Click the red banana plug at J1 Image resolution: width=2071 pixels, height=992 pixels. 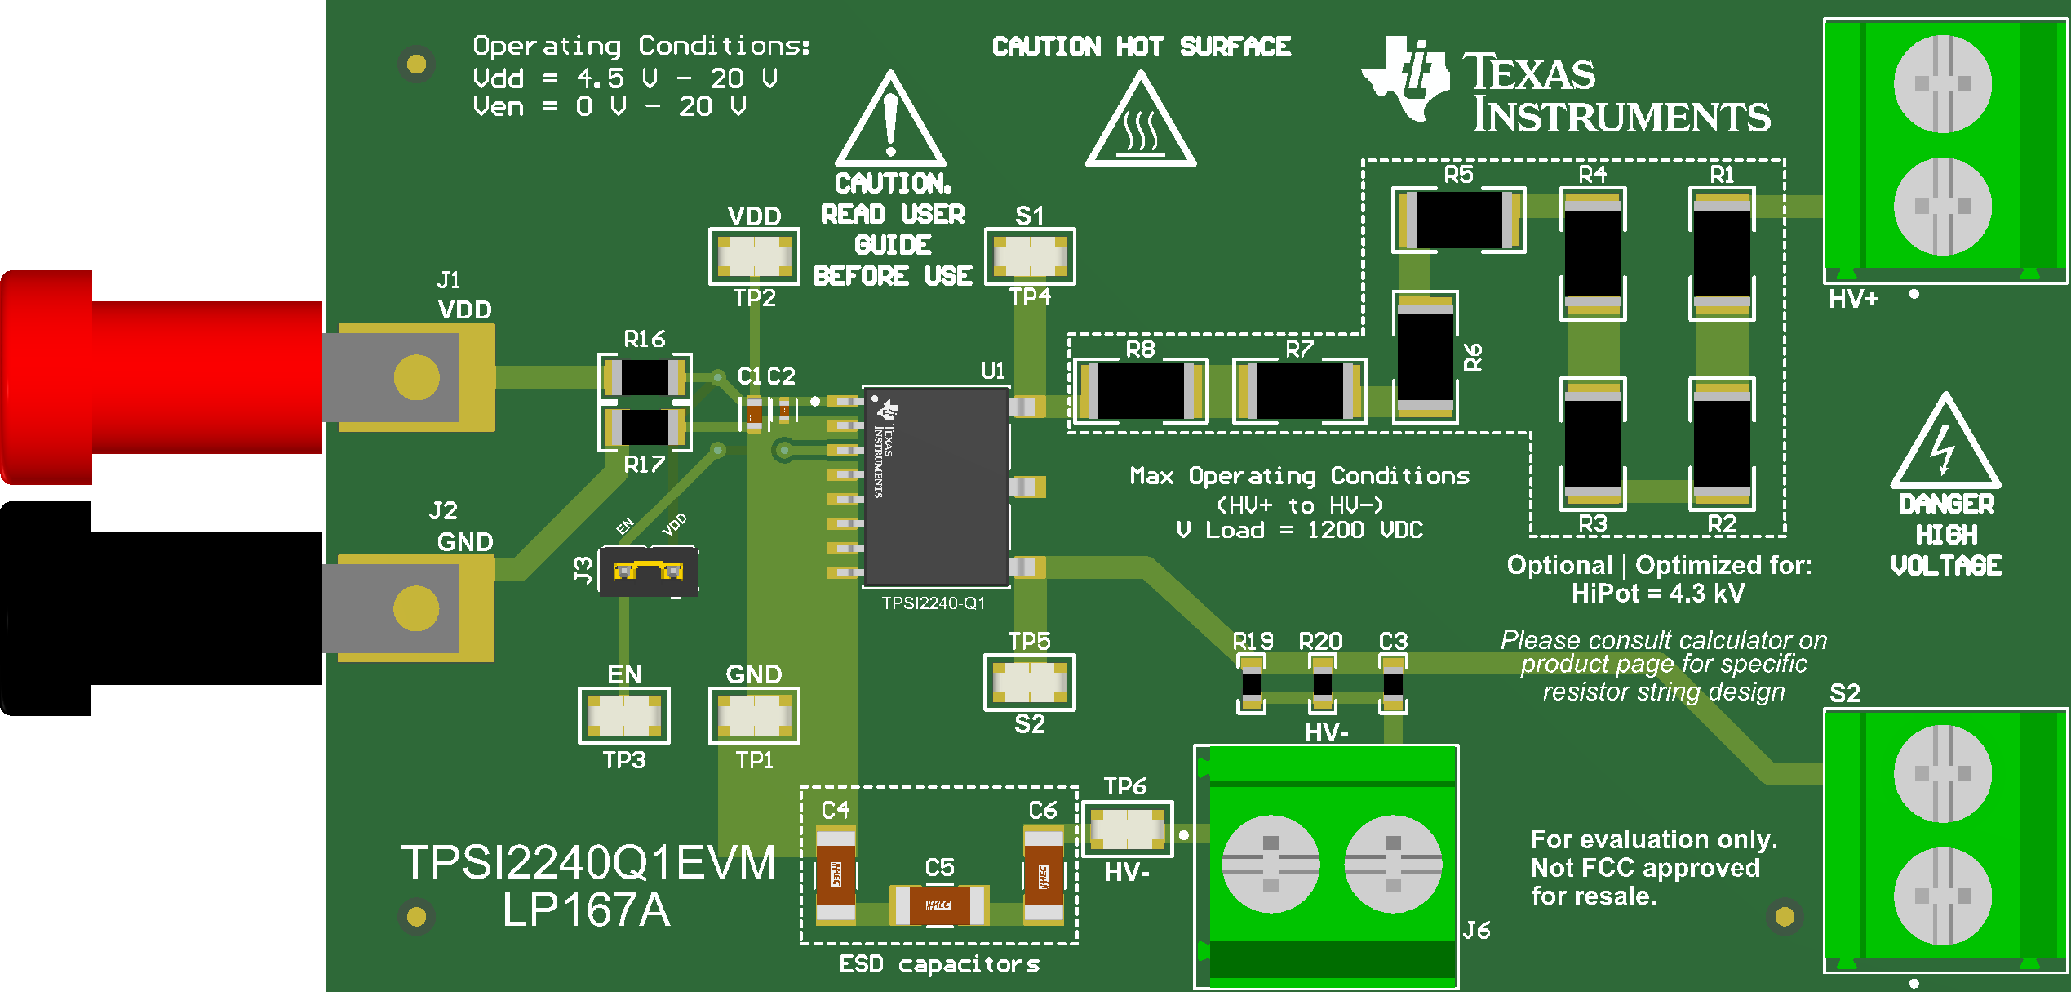pos(163,377)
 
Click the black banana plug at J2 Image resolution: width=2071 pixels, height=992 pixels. pos(163,608)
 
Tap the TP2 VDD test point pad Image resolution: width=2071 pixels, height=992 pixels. pos(754,256)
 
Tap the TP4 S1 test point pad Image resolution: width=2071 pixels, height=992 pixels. pos(1030,256)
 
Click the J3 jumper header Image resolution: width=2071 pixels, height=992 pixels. pos(648,571)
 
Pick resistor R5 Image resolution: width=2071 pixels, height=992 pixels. pos(1459,220)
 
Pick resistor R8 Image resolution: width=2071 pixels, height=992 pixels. pos(1140,391)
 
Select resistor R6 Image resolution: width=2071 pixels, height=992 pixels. pos(1425,358)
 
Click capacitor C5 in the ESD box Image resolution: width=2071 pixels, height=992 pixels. pos(938,905)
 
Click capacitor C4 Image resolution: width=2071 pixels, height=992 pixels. pos(836,875)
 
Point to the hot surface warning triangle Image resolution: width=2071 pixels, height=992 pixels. pos(1140,124)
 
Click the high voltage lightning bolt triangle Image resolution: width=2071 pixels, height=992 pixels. pos(1945,445)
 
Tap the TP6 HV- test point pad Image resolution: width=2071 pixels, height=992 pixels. pos(1127,830)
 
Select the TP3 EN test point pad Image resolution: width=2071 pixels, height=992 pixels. pos(624,716)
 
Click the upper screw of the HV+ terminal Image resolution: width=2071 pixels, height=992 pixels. pos(1942,83)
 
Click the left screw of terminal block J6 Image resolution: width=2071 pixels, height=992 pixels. pos(1270,864)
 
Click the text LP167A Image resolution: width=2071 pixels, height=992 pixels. pos(586,910)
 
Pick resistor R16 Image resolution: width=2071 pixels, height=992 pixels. pos(645,377)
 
